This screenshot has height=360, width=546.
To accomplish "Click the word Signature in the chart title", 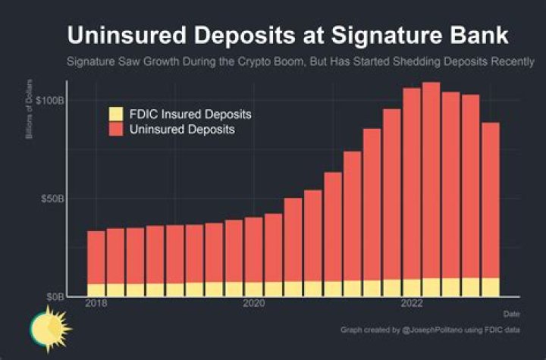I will point(384,36).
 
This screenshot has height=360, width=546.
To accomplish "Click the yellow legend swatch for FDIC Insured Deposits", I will point(115,114).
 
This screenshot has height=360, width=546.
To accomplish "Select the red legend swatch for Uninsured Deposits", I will point(115,130).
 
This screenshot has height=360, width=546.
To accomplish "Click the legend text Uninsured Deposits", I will point(182,130).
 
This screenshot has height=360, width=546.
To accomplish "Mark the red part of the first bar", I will point(96,258).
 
